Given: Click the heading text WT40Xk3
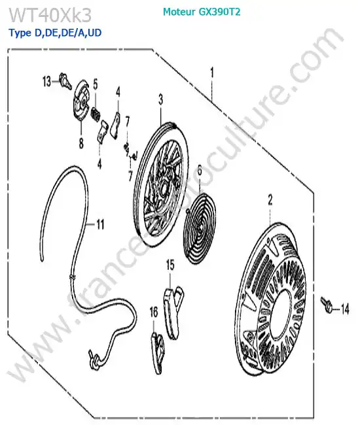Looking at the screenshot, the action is coord(50,15).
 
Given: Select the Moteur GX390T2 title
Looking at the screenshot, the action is coord(202,12).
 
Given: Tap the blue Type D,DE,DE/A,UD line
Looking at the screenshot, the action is coord(56,33).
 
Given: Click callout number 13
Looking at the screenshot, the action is coord(46,81).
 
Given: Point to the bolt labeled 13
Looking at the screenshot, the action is coord(65,80).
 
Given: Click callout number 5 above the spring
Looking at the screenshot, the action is coord(96,84).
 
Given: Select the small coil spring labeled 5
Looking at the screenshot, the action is coord(96,114).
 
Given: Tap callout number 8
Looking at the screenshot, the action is coord(81,143).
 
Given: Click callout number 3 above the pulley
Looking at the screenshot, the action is coord(161,99).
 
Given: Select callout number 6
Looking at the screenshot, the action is coord(200,171).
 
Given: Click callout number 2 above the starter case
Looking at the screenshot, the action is coord(270,200).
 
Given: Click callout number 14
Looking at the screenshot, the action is coord(344,309).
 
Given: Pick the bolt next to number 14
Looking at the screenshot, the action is coord(327,305).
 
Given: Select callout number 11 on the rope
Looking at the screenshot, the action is coord(100,224).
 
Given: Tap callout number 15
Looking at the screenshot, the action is coord(170,265).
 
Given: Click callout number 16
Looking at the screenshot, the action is coord(154,313).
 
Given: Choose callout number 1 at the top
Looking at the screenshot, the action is coord(212,73).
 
